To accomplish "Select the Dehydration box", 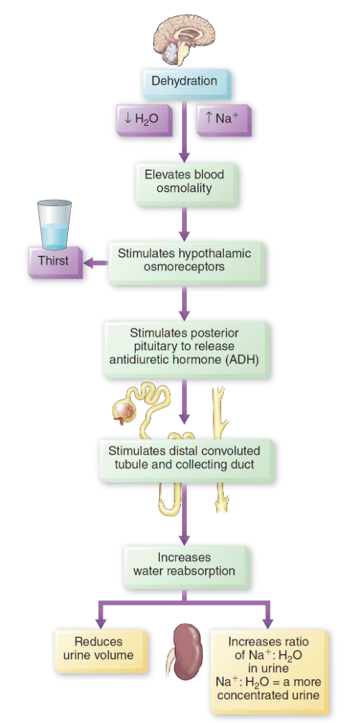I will pos(184,81).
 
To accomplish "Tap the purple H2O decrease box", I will pos(142,119).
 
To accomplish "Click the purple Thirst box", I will pos(54,262).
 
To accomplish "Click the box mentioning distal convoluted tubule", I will pos(184,457).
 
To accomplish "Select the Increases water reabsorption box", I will pos(184,564).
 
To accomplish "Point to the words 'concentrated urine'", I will pos(268,695).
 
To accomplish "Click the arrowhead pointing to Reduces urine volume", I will pos(101,620).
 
